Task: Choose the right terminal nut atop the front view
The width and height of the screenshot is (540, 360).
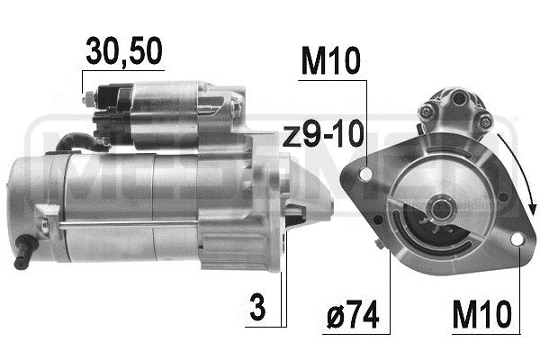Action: (484, 118)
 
